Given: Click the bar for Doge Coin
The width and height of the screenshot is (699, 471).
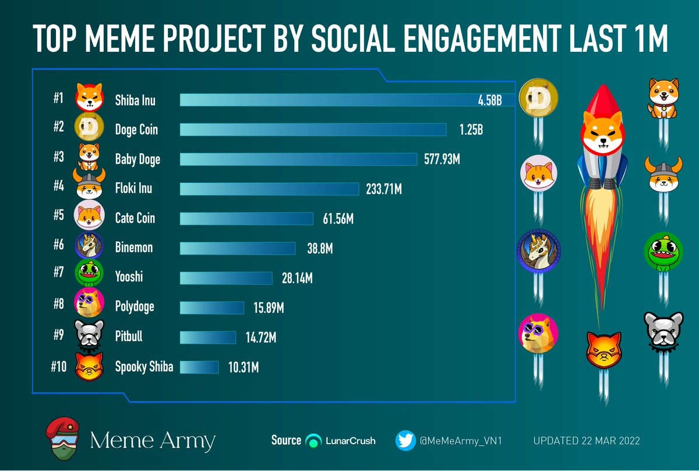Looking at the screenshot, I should pyautogui.click(x=313, y=129).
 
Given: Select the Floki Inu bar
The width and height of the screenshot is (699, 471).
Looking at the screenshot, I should pyautogui.click(x=269, y=189).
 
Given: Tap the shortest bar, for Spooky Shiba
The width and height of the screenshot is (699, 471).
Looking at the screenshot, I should pyautogui.click(x=199, y=367).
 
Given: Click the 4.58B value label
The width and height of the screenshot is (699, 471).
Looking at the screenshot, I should pyautogui.click(x=490, y=100).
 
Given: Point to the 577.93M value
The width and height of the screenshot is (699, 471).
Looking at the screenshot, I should pyautogui.click(x=442, y=159).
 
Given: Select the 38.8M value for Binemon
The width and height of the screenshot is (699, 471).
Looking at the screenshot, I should pyautogui.click(x=320, y=249).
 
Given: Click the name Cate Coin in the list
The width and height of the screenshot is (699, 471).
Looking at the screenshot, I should pyautogui.click(x=135, y=218).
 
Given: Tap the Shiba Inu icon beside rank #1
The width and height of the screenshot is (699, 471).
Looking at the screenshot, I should pyautogui.click(x=89, y=97).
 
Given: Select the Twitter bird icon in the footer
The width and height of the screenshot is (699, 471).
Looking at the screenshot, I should pyautogui.click(x=405, y=441).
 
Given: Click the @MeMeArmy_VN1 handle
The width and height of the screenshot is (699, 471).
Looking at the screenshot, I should pyautogui.click(x=461, y=441).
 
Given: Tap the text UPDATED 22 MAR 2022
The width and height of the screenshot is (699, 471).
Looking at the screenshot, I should pyautogui.click(x=586, y=441).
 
